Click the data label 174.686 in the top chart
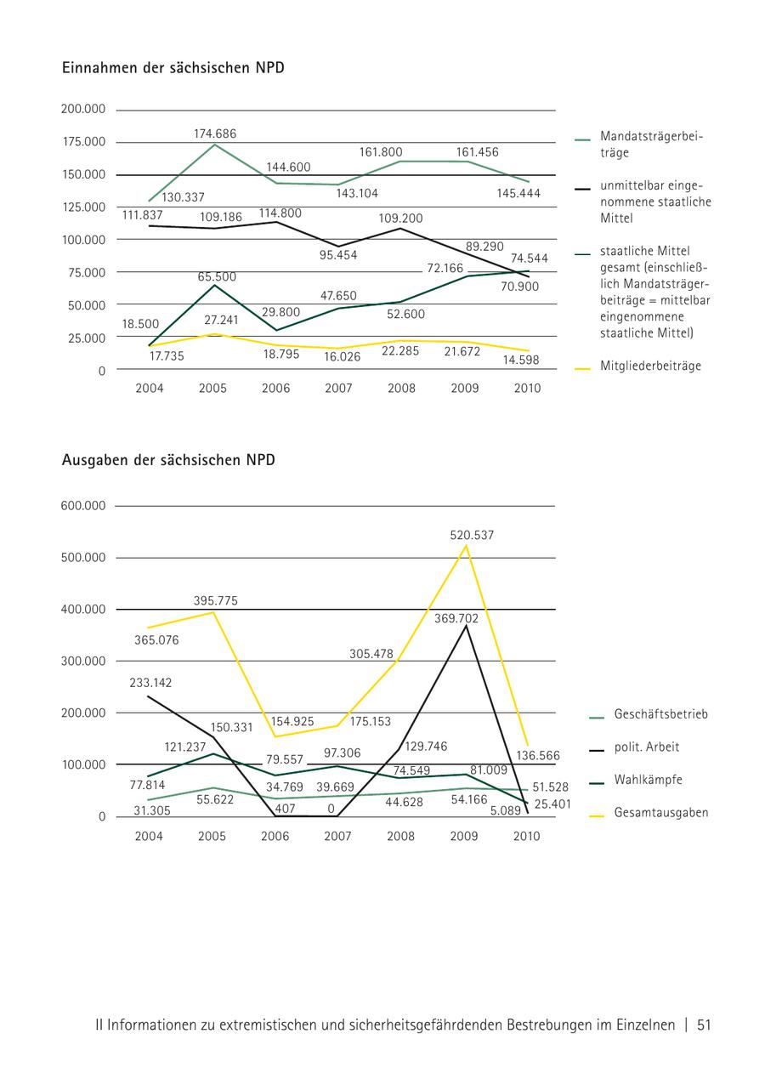[214, 133]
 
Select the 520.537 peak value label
[472, 536]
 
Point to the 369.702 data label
[456, 619]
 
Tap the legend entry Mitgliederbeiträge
[650, 366]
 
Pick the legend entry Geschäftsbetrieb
[660, 714]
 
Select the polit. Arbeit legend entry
[647, 747]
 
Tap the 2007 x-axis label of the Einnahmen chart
[339, 389]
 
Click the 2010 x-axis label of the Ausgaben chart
[527, 837]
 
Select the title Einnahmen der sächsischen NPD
[173, 68]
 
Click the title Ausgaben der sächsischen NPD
[168, 460]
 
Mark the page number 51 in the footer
[704, 1025]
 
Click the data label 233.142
[150, 683]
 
